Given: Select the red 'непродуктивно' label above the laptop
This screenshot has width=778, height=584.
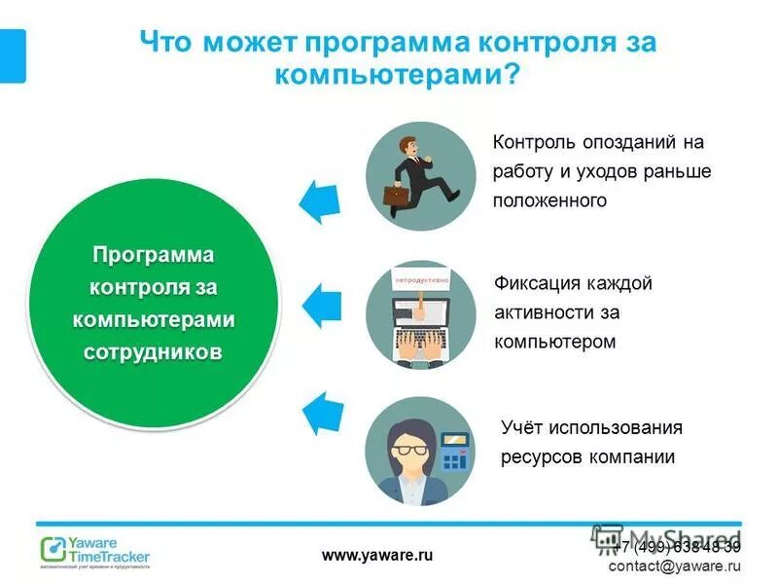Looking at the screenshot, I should pos(421,280).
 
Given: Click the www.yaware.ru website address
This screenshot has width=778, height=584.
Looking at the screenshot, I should pos(376,555).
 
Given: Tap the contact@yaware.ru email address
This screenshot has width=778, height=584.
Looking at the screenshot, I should pos(675,566).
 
